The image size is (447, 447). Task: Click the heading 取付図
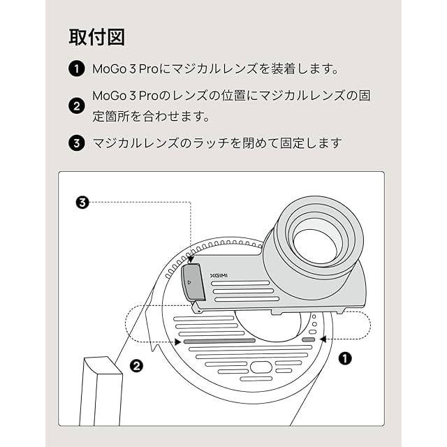click(x=96, y=37)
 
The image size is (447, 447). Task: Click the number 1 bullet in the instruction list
click(x=76, y=69)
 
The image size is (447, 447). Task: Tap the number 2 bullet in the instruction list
click(x=76, y=105)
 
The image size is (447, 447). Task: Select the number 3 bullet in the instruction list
click(x=76, y=143)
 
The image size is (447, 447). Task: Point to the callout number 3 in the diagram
click(x=82, y=203)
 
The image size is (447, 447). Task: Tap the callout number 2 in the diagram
click(x=138, y=364)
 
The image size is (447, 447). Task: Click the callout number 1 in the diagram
click(x=344, y=358)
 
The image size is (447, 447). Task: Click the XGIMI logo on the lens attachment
click(x=219, y=275)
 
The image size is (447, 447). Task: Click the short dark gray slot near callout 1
click(x=308, y=339)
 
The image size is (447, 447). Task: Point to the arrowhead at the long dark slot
click(x=178, y=342)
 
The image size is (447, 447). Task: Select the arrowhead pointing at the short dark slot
click(x=322, y=339)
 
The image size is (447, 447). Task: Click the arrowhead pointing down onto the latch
click(x=191, y=260)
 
